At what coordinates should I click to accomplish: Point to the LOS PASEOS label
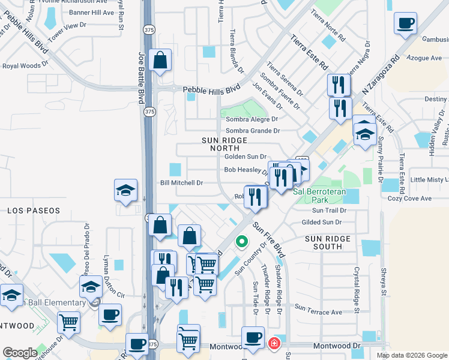click(x=34, y=211)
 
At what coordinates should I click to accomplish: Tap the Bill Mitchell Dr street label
click(x=181, y=182)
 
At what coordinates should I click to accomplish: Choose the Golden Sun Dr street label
click(x=245, y=157)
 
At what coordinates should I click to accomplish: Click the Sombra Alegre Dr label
click(x=253, y=119)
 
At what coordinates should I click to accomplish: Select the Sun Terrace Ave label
click(x=318, y=313)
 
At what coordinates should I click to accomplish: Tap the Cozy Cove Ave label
click(x=410, y=198)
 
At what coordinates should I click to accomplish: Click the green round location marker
click(x=241, y=242)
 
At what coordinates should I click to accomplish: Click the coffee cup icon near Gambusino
click(x=405, y=23)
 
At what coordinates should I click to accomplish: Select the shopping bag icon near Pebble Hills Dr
click(x=160, y=60)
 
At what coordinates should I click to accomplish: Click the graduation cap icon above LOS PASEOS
click(x=126, y=190)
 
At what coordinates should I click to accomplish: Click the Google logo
click(x=20, y=353)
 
